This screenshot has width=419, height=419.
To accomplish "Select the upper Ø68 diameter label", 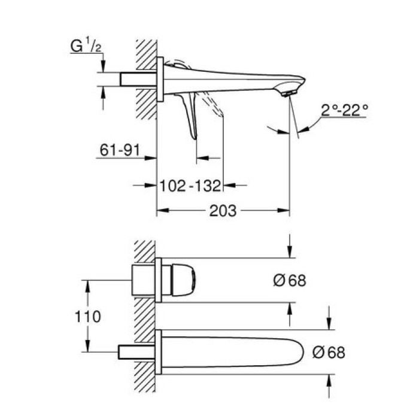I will [289, 280].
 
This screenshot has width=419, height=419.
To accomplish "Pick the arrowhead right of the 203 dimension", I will [285, 211].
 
